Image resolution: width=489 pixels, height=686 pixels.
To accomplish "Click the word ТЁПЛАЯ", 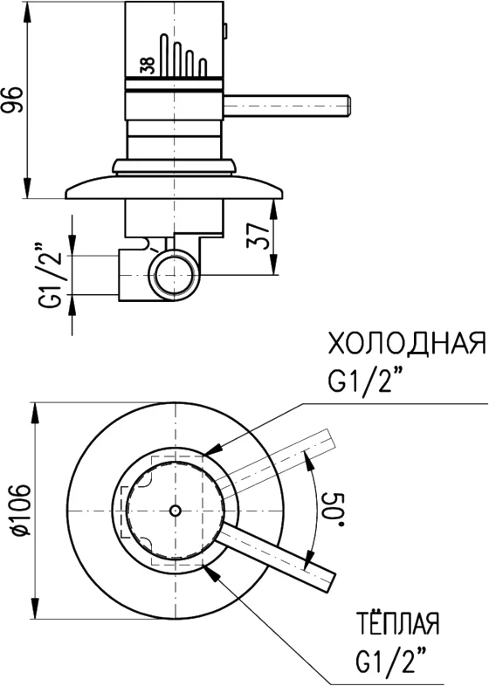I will (x=397, y=625).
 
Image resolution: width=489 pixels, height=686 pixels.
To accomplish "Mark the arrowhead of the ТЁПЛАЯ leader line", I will (x=208, y=569).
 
